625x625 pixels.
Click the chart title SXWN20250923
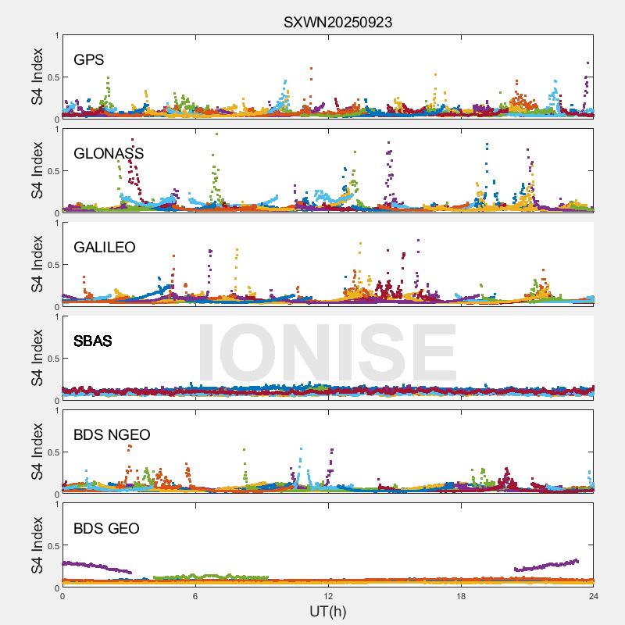(x=337, y=23)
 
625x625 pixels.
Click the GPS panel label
(x=89, y=60)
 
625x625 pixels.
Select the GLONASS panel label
(x=109, y=154)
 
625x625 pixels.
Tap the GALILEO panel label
(x=105, y=248)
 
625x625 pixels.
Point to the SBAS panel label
(x=93, y=341)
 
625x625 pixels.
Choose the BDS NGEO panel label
(x=112, y=435)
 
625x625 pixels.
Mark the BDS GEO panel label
(x=106, y=529)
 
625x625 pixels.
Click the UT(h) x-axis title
(x=327, y=611)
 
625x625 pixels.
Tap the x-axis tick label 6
(x=195, y=596)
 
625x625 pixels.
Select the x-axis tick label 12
(x=328, y=596)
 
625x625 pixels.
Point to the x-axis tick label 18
(x=461, y=596)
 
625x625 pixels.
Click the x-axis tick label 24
(x=593, y=596)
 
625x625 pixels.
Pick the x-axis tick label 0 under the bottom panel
(x=62, y=596)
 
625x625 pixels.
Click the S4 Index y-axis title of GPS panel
(x=37, y=77)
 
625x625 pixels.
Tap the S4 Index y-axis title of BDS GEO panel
(x=37, y=545)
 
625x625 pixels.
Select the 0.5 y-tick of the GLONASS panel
(x=51, y=171)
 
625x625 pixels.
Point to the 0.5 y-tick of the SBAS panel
(x=51, y=359)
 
